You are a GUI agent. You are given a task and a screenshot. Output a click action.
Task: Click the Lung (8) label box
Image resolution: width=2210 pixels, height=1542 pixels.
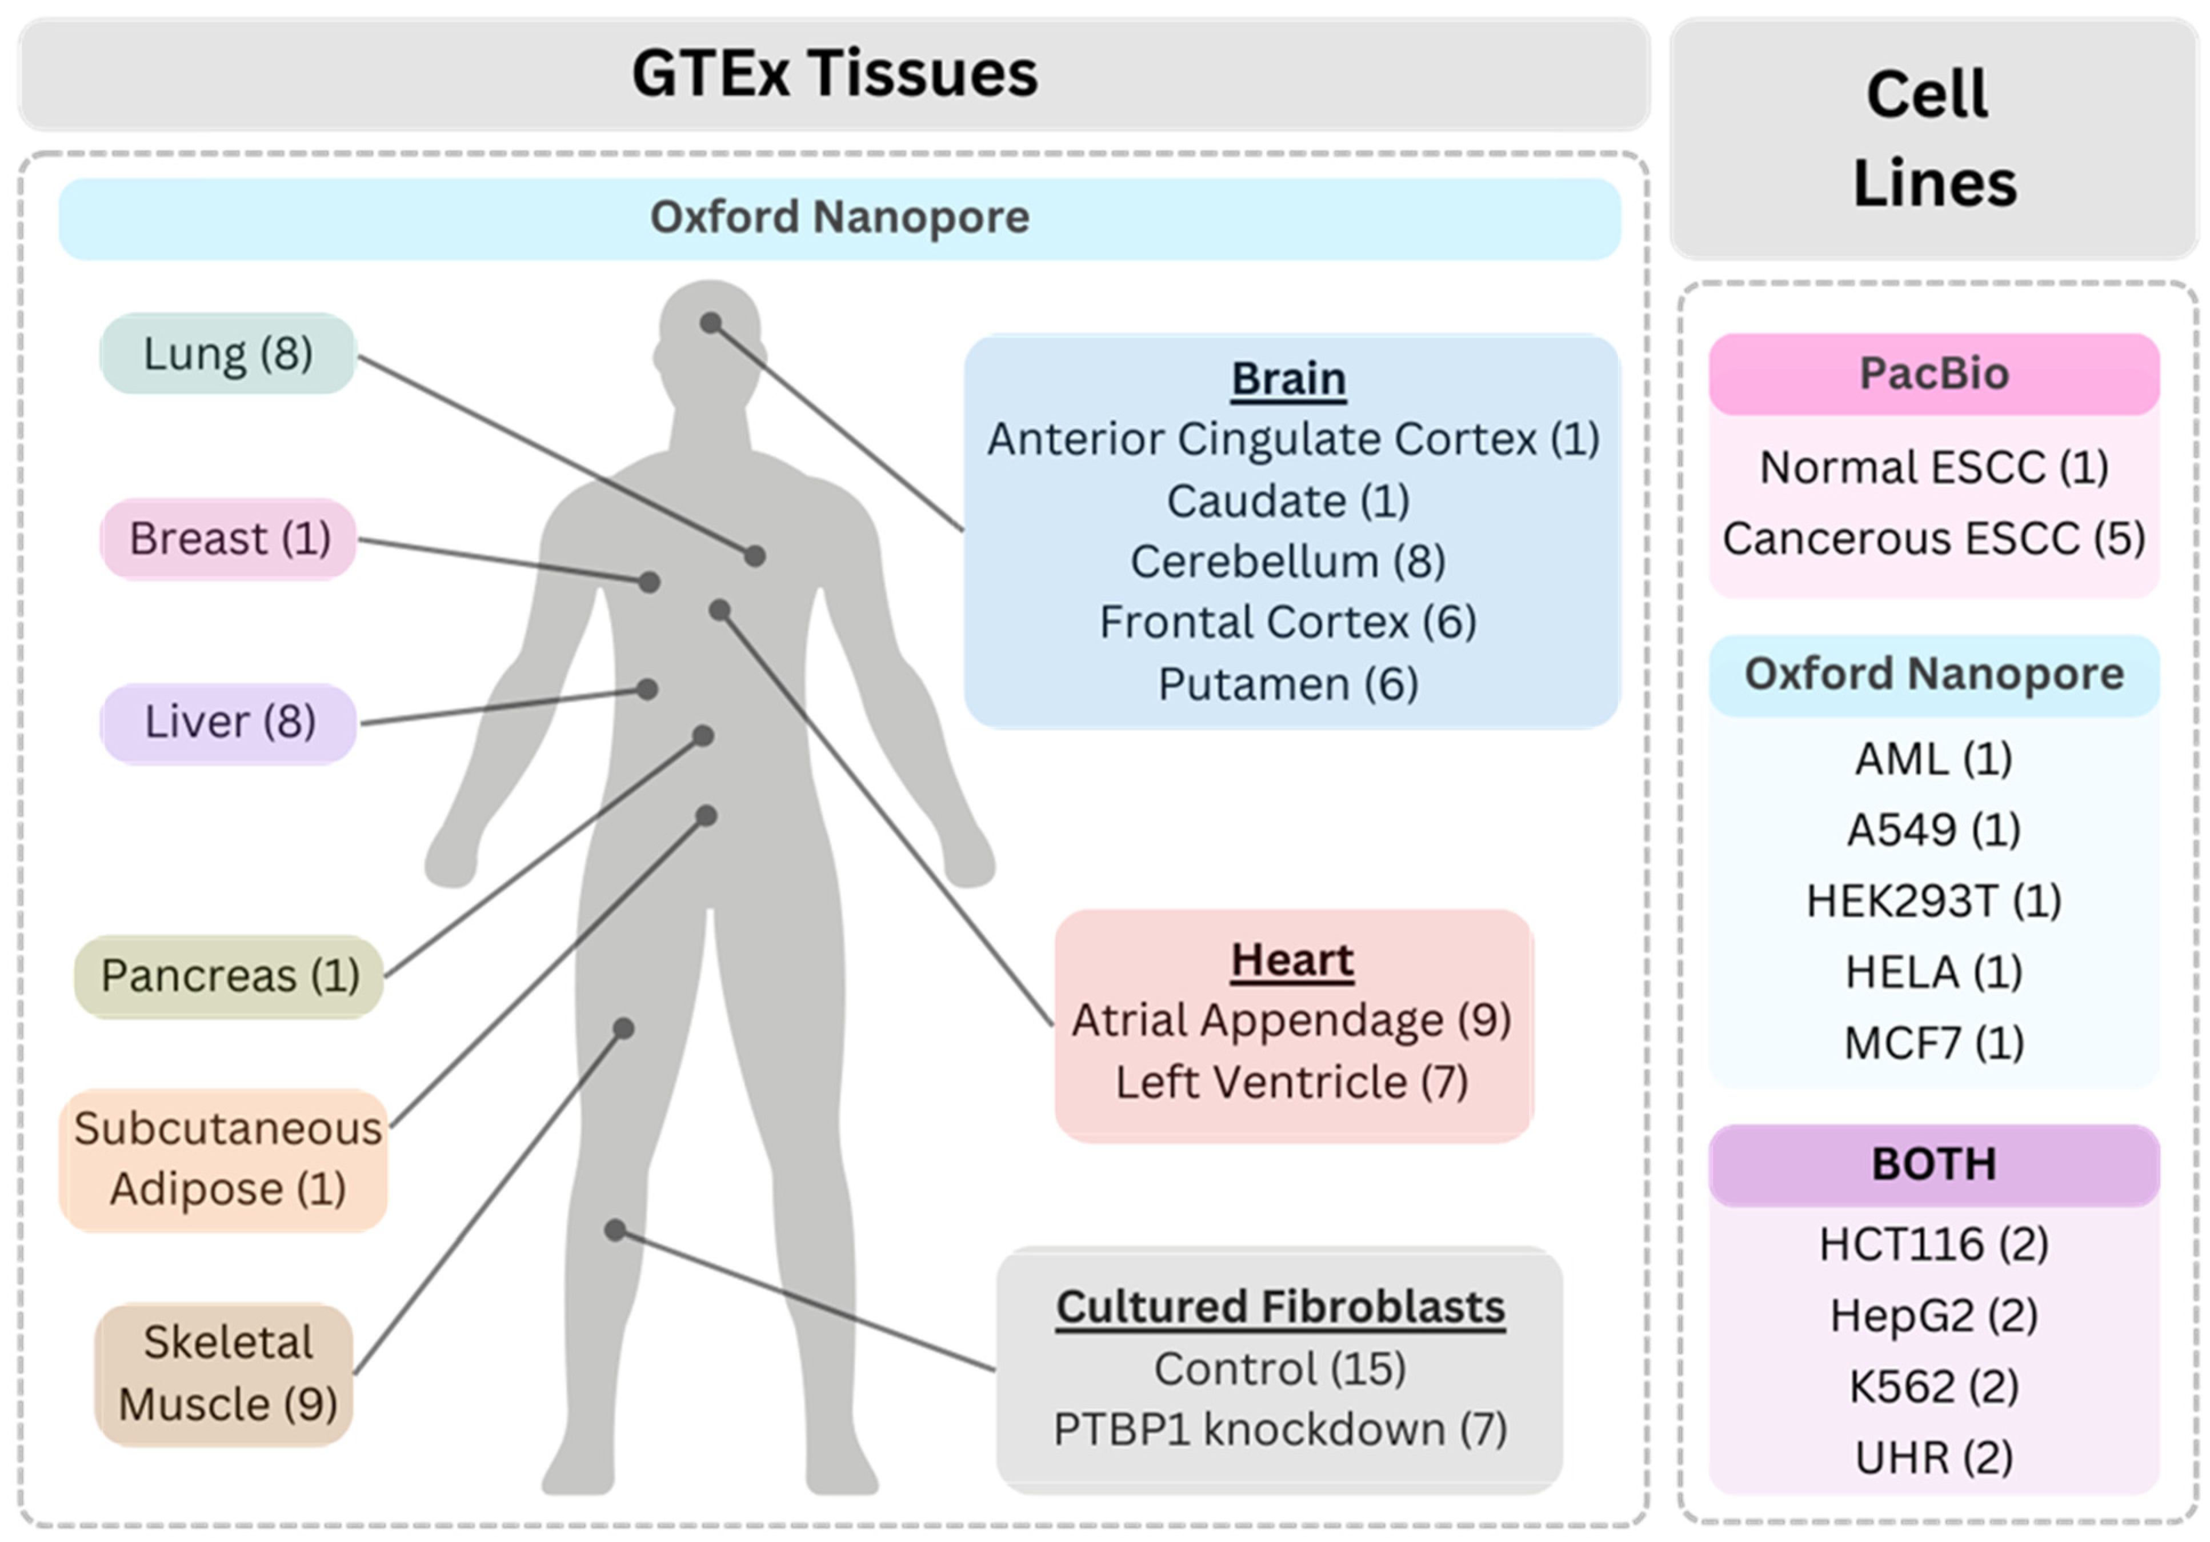tap(228, 353)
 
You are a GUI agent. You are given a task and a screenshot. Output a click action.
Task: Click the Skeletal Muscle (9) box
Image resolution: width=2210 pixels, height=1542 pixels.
tap(225, 1373)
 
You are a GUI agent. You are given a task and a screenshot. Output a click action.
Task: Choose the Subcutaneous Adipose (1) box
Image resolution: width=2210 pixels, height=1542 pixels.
tap(225, 1159)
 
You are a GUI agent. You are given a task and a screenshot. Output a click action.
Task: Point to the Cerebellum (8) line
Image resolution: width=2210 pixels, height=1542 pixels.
tap(1288, 561)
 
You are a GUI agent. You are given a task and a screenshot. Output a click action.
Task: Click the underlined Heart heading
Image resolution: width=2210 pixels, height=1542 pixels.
tap(1292, 960)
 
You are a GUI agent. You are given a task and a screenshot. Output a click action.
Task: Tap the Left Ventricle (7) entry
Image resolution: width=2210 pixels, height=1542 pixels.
tap(1292, 1082)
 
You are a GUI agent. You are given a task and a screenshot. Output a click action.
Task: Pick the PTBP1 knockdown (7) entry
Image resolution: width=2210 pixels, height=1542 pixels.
tap(1280, 1429)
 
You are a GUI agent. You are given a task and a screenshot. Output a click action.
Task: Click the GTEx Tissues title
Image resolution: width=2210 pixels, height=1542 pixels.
tap(835, 74)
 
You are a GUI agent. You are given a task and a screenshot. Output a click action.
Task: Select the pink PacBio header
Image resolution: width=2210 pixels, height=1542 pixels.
tap(1933, 374)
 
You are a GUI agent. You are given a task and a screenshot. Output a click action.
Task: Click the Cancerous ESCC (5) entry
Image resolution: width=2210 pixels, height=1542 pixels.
tap(1933, 539)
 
